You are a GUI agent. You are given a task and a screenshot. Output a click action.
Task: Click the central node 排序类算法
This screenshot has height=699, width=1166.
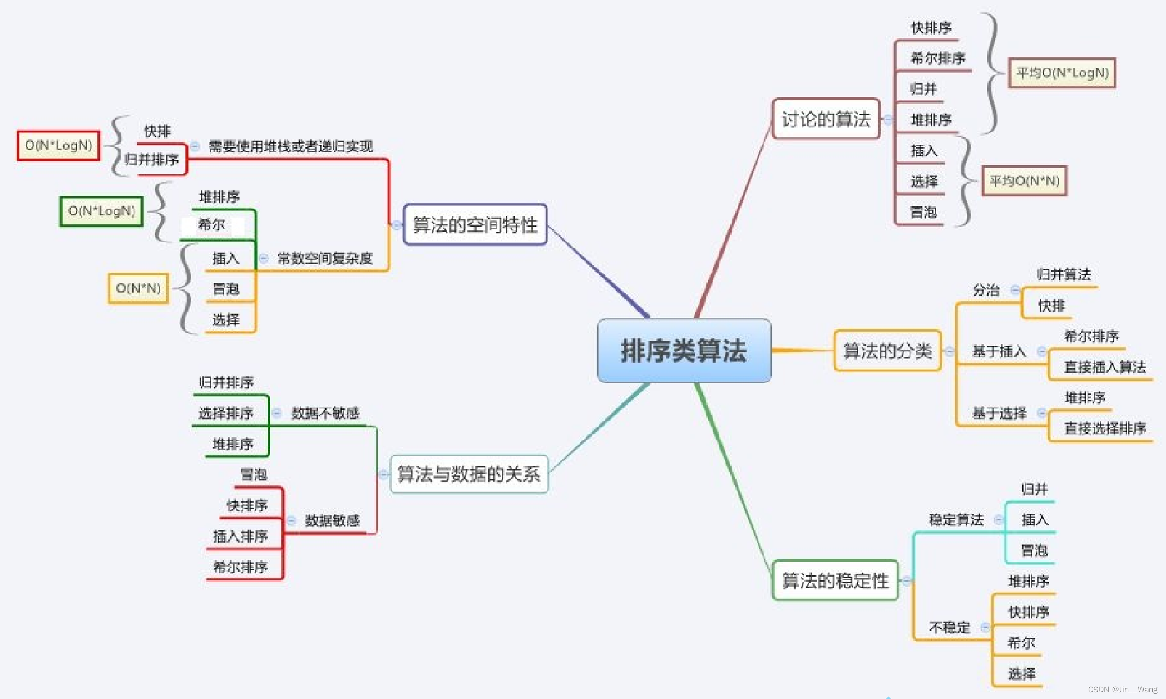pos(684,351)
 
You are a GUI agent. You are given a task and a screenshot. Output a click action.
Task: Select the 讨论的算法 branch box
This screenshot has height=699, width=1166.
pos(826,119)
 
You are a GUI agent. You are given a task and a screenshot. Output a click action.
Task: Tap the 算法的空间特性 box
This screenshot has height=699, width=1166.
pos(475,225)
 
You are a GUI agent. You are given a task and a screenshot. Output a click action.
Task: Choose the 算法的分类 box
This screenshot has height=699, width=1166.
pos(887,351)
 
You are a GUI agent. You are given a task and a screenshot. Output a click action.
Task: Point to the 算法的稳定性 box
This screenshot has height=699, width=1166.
pos(835,580)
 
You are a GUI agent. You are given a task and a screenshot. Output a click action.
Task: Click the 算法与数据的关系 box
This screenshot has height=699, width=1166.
pos(469,474)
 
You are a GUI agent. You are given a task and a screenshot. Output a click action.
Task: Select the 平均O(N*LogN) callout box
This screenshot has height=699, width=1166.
pos(1062,73)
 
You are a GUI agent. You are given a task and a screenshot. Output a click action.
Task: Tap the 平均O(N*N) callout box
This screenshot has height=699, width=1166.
pos(1024,181)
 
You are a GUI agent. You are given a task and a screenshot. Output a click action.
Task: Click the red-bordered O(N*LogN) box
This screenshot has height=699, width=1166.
pos(58,145)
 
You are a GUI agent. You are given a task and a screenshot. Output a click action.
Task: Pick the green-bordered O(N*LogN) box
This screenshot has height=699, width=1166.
pos(101,211)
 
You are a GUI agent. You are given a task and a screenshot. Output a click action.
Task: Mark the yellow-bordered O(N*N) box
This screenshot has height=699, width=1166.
pos(138,288)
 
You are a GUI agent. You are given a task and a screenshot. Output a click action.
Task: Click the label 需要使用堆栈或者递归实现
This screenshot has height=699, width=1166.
pos(290,146)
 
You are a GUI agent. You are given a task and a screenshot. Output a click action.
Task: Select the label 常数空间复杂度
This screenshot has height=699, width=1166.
pos(325,258)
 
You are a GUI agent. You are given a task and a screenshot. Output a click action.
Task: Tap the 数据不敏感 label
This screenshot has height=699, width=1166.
pos(325,413)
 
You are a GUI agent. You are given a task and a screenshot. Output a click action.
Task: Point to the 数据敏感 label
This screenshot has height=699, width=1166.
pos(332,521)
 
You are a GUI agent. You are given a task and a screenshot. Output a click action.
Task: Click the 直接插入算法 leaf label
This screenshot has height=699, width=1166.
pos(1105,367)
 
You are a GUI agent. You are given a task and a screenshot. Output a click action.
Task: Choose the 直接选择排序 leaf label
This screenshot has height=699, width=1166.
pos(1105,428)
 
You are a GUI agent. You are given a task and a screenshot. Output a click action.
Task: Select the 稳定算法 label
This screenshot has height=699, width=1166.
pos(956,520)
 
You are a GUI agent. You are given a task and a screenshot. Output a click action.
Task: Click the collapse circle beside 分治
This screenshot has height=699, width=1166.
pos(1015,290)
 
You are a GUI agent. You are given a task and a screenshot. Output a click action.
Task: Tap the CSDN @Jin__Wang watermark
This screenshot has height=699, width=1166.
pos(1122,690)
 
